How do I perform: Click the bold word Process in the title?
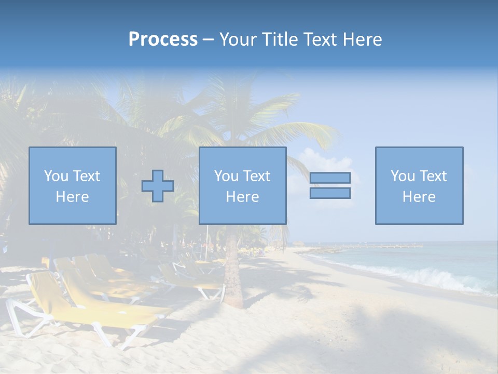coord(163,39)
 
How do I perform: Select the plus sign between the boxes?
coord(158,186)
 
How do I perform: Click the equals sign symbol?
coord(330,185)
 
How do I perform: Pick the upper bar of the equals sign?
coord(330,178)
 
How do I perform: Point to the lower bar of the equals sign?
coord(330,193)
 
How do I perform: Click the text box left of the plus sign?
coord(73,185)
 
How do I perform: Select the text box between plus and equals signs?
coord(242,185)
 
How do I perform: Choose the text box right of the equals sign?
coord(419,185)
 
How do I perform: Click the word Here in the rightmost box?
coord(419,197)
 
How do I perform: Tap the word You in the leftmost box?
coord(56,176)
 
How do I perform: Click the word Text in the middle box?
coord(256,176)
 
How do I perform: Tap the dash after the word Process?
coord(209,39)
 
